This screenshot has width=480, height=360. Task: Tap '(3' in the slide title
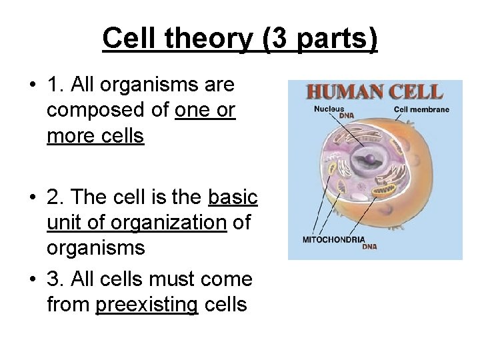[276, 39]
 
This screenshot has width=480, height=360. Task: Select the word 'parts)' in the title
[337, 39]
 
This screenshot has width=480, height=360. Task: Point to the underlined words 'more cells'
[95, 135]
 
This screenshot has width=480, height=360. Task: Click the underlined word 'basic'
[233, 197]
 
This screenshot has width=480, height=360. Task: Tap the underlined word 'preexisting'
[147, 305]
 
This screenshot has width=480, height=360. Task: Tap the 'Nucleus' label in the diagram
[329, 109]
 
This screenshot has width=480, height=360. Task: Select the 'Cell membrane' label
[421, 109]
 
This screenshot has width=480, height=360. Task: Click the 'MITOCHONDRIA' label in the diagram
[334, 239]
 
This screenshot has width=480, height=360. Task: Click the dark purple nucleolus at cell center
[368, 158]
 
